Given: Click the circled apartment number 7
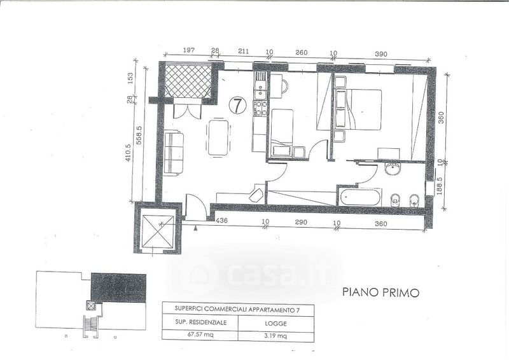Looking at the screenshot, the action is point(237,105).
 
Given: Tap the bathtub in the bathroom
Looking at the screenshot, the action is point(359,197).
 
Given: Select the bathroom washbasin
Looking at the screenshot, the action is point(393,169).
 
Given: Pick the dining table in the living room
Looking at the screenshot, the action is point(218,137).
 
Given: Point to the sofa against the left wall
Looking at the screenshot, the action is point(174,153).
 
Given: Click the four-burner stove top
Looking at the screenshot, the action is point(260,108).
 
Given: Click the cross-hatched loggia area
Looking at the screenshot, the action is point(188,81).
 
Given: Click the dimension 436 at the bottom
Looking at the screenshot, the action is point(221,221).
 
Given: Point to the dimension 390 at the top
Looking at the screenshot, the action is point(381,54).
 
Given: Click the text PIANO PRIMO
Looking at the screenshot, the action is point(380,293).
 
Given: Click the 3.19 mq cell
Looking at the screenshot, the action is point(276,335).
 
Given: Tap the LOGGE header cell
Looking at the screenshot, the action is point(276,324).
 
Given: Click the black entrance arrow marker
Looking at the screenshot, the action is point(195,228).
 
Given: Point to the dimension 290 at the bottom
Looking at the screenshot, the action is point(301,223).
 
